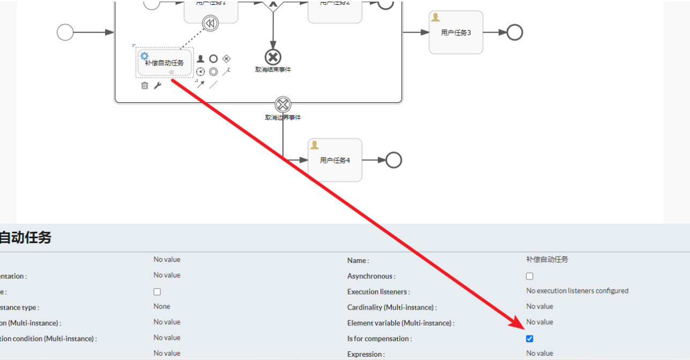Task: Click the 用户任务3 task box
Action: coord(456,33)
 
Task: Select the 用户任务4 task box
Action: coord(335,160)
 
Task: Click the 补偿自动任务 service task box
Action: coord(165,63)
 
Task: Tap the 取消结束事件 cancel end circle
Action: coord(273,57)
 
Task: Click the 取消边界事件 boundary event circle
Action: coord(283,105)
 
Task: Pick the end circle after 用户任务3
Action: coord(515,33)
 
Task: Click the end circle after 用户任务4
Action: coord(394,160)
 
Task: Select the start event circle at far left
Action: coord(65,33)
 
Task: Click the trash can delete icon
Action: coord(145,85)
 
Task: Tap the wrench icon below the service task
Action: coord(158,85)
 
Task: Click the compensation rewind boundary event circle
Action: coord(210,23)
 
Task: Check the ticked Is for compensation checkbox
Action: coord(530,339)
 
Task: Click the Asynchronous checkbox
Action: coord(530,276)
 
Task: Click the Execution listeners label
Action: coord(379,292)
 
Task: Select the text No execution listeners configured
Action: coord(577,291)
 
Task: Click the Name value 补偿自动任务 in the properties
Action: coord(547,260)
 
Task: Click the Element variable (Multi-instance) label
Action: coord(400,323)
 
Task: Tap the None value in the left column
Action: coord(161,306)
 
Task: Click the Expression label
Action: coord(366,354)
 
